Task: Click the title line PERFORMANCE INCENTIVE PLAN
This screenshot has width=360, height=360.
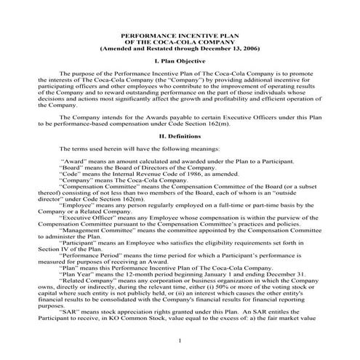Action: click(180, 34)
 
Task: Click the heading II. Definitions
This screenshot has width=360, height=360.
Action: click(180, 135)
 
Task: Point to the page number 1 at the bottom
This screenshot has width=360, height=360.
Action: click(180, 340)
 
